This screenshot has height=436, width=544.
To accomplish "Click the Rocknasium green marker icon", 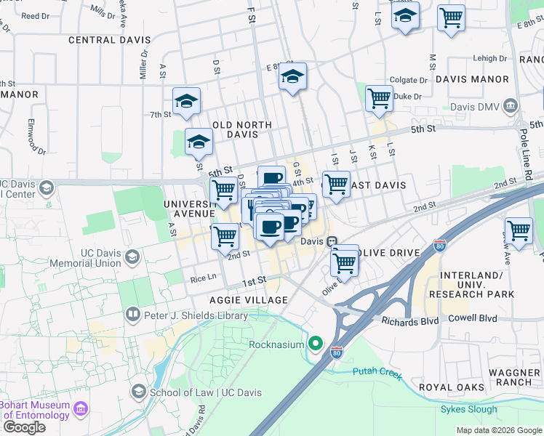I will [316, 342].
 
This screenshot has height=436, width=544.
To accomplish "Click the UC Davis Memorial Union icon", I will [132, 257].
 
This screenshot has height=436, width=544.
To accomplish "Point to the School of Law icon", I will [138, 392].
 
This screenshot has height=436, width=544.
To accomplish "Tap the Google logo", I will [24, 427].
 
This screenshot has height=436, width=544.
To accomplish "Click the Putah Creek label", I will [377, 372].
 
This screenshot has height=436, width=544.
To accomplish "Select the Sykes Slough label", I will [469, 409].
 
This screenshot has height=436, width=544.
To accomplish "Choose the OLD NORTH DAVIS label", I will [241, 129].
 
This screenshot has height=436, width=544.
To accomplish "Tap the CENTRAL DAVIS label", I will [110, 40].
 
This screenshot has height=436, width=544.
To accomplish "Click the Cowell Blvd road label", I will [472, 318].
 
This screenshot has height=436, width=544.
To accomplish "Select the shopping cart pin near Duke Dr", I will [379, 99].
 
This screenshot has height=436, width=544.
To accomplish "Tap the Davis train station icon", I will [332, 241].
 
